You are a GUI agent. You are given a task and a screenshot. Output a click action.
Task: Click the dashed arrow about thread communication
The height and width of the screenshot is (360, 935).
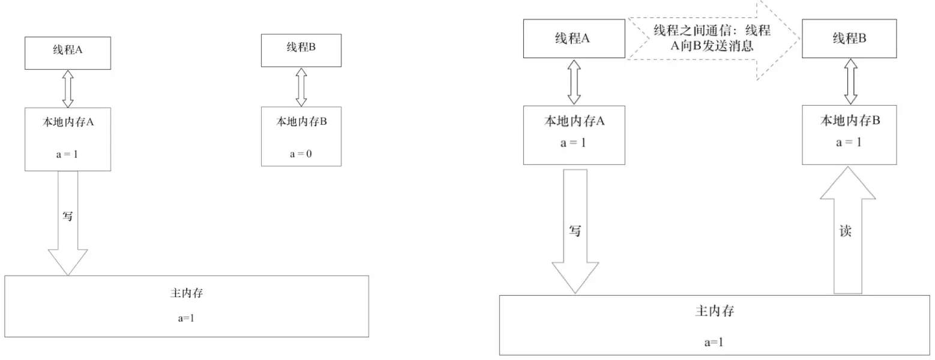[x=714, y=39]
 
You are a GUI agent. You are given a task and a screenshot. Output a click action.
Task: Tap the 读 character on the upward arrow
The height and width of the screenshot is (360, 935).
[x=846, y=231]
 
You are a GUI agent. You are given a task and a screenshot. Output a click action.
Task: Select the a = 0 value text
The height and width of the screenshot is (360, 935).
[x=301, y=154]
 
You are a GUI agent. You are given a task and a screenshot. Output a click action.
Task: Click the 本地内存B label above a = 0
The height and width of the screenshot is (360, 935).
[x=301, y=121]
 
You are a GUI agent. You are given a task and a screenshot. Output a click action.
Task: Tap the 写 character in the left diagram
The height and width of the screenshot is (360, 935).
[x=68, y=216]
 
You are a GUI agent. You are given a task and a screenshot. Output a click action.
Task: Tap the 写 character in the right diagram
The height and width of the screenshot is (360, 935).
[x=575, y=230]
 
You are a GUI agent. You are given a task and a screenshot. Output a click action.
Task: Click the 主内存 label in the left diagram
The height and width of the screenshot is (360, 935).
[x=187, y=294]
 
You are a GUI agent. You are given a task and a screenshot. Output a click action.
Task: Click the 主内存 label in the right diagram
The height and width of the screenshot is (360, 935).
[x=714, y=312]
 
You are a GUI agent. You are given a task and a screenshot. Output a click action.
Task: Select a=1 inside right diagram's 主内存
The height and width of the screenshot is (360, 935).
[x=714, y=343]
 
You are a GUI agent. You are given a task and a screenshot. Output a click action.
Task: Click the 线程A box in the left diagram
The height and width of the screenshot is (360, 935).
[x=67, y=52]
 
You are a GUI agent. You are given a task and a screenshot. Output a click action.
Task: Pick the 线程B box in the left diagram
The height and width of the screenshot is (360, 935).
[x=301, y=50]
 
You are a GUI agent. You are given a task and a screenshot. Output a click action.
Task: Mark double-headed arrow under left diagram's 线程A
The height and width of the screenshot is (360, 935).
[x=67, y=89]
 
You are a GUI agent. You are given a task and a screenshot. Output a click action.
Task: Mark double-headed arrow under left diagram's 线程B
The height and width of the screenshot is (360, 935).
[x=301, y=87]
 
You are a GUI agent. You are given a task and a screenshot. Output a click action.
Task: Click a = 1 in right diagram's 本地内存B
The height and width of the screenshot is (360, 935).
[x=850, y=143]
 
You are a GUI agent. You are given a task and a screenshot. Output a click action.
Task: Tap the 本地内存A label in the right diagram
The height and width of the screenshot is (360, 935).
[x=574, y=121]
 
